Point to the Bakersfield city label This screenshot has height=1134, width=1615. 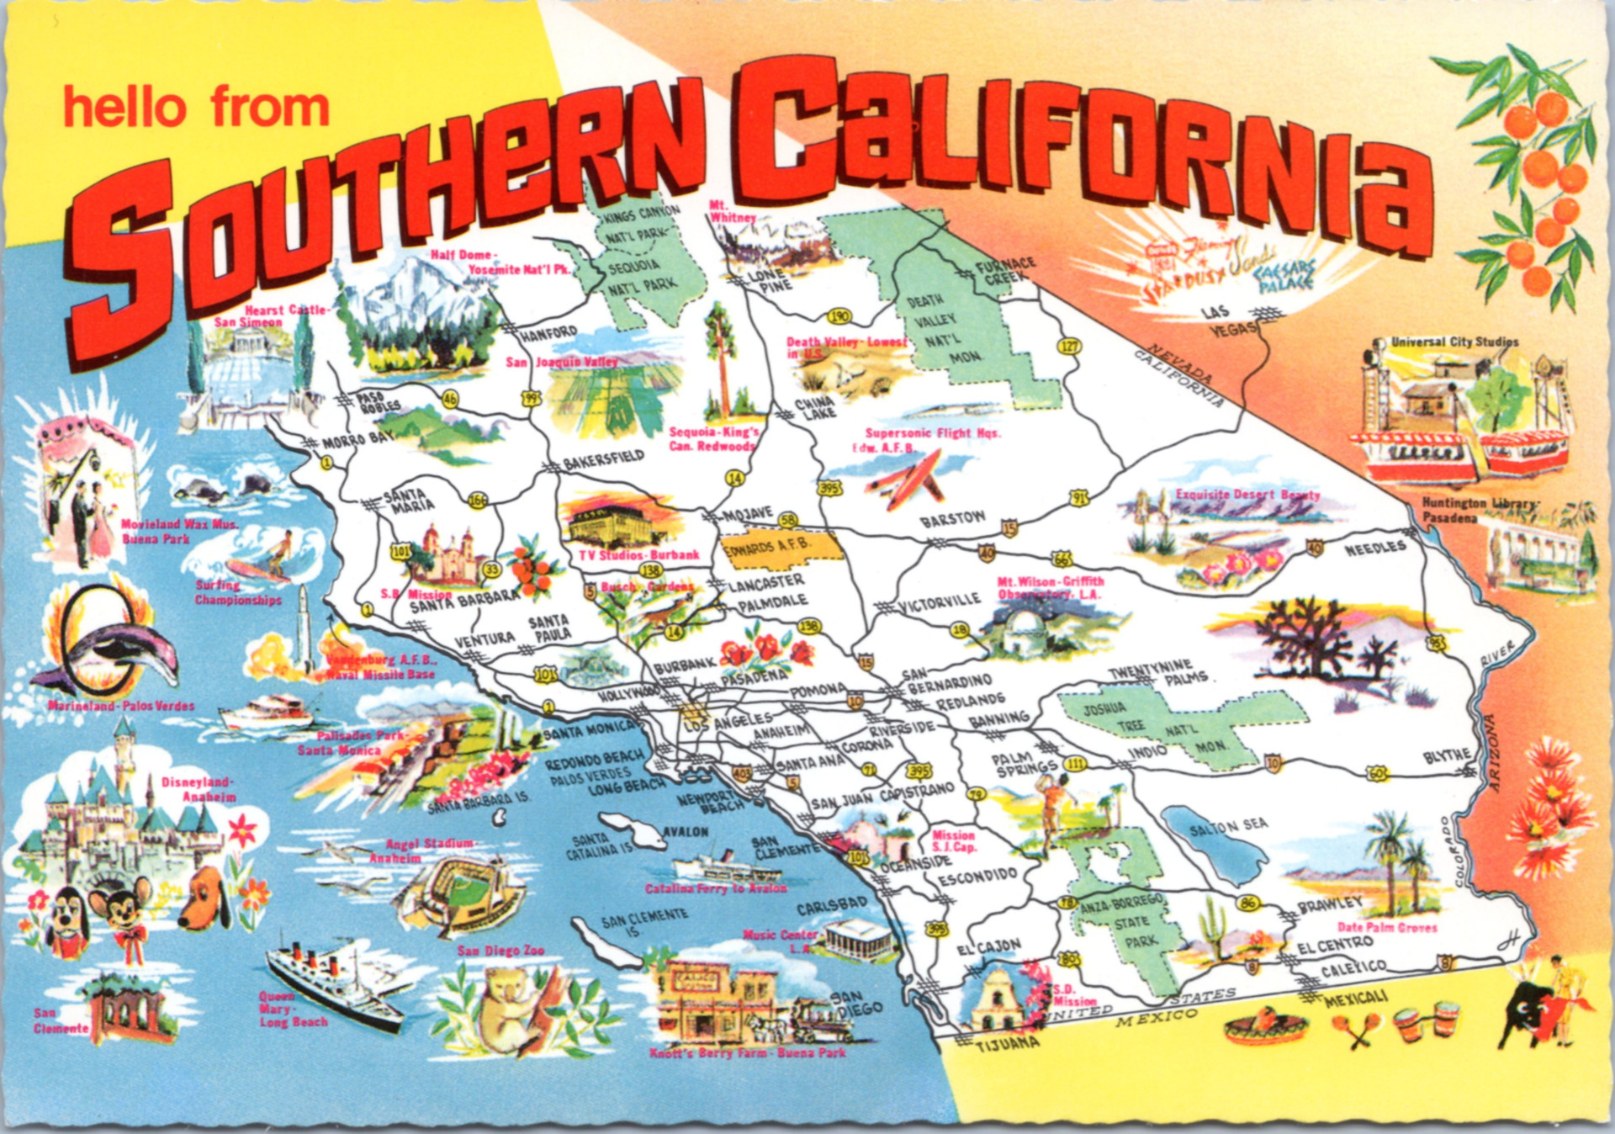coord(603,459)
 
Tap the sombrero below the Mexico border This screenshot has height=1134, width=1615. coord(1258,1026)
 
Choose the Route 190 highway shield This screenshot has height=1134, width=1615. coord(839,317)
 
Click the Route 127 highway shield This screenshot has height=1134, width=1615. coord(1070,346)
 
